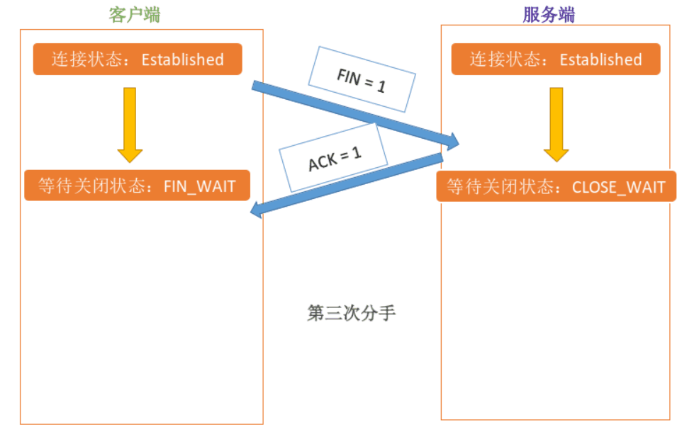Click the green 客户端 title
(134, 15)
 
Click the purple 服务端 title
(548, 15)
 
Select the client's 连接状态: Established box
(138, 59)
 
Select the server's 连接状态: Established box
(556, 59)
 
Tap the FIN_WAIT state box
(137, 186)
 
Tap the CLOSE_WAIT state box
(556, 187)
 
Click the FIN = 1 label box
(362, 79)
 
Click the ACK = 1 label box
(334, 159)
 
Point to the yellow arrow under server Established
(556, 125)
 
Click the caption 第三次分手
(351, 313)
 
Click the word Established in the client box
(182, 59)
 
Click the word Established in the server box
(600, 59)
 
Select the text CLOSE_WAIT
(618, 187)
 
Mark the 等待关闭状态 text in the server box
(497, 187)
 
